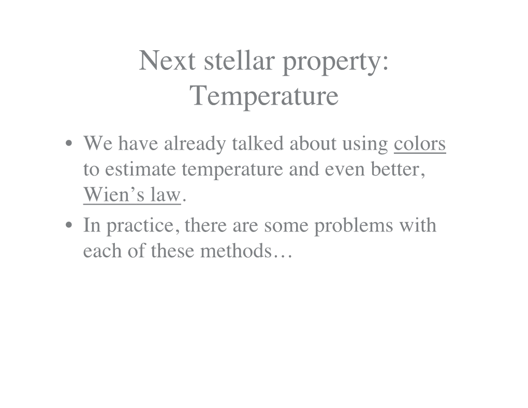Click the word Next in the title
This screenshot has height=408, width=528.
[167, 61]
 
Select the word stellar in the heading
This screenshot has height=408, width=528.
[240, 60]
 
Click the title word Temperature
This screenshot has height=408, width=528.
[264, 95]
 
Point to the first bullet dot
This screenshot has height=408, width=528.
[69, 143]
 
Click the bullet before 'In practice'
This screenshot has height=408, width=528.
[69, 225]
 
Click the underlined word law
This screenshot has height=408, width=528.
[166, 194]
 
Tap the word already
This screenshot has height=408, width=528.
[195, 145]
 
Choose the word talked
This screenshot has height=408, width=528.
[258, 143]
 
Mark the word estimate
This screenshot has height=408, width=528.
[140, 169]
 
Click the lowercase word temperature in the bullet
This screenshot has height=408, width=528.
[232, 171]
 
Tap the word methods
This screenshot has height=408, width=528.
[236, 251]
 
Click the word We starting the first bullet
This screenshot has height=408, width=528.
[98, 143]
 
